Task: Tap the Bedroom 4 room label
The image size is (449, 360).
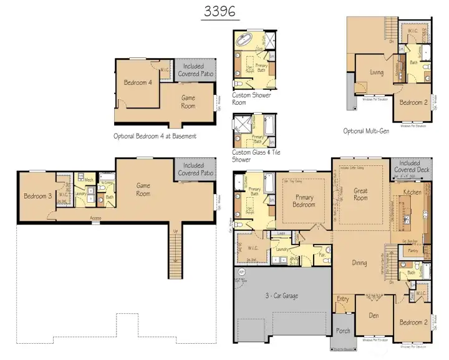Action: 138,82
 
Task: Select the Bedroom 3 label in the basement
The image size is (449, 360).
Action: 38,197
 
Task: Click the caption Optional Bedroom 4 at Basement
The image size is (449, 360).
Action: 155,135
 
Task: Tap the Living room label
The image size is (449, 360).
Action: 376,72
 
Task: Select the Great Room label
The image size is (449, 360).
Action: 360,195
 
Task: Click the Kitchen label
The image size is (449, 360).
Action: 412,192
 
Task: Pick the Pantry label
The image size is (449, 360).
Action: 411,250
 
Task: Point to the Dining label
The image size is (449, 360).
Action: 359,263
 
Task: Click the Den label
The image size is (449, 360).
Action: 374,316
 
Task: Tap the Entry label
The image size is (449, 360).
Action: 343,299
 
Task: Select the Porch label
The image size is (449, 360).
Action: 343,331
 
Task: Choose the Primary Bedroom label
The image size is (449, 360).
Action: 304,202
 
